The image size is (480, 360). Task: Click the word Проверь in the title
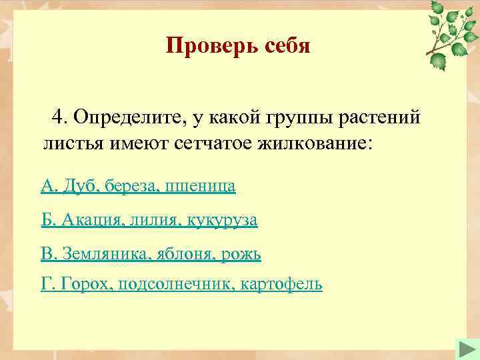coord(205,46)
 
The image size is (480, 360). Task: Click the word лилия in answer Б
coord(151,219)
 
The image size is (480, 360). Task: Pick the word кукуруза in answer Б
coord(221,219)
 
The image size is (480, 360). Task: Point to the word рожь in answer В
coord(241,253)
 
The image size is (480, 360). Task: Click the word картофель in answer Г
coord(281,285)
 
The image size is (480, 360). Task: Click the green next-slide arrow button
coord(464,349)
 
